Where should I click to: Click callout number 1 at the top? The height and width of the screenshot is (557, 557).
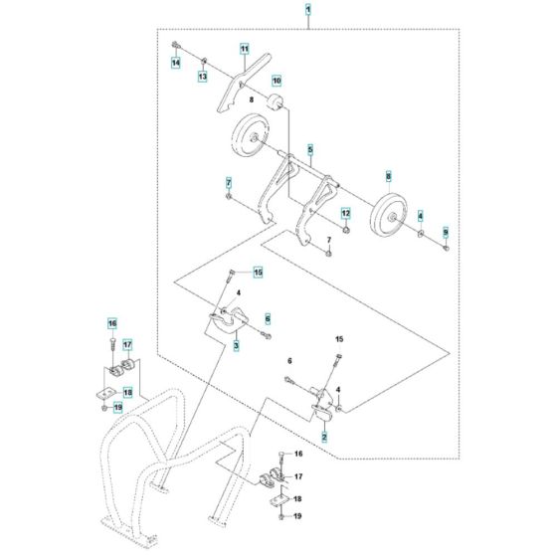coord(308,11)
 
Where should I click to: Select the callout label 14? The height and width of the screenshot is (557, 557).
coord(175,63)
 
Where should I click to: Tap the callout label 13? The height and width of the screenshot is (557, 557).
coord(202,77)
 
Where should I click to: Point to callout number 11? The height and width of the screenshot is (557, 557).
coord(243,48)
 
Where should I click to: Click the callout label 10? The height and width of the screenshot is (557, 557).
coord(277,80)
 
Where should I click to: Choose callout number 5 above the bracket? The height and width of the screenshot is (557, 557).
coord(310,150)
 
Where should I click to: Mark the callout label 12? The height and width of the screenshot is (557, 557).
coord(346,213)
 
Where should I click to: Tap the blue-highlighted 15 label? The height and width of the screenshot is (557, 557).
coord(257,272)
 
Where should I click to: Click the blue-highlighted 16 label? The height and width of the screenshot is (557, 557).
coord(113,323)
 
